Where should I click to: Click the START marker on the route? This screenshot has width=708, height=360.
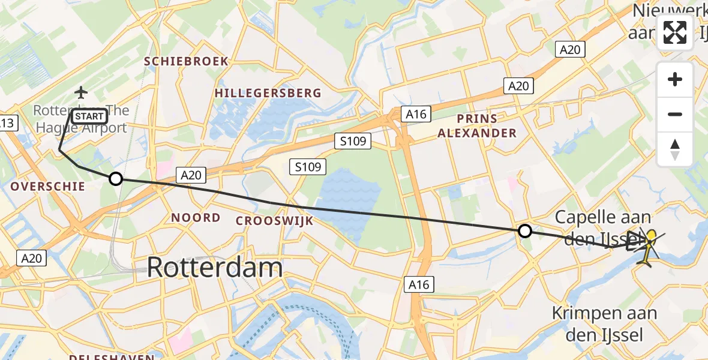[x=90, y=115]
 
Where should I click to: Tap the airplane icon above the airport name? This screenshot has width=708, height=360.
[x=80, y=93]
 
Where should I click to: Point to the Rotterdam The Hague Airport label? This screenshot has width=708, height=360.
[x=80, y=119]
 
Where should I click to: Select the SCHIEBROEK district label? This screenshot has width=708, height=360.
[x=186, y=61]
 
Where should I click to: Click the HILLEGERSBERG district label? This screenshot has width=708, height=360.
[x=268, y=93]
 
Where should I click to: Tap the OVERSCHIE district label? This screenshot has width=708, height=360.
[x=48, y=187]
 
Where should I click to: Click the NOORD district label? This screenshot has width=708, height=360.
[x=196, y=217]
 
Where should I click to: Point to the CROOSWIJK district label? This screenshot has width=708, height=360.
[x=274, y=221]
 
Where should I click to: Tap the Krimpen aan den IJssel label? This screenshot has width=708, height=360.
[x=604, y=323]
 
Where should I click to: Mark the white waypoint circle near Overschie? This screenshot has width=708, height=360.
[x=116, y=178]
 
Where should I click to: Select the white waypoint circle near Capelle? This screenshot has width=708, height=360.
[x=525, y=231]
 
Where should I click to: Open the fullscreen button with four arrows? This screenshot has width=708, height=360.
[x=675, y=33]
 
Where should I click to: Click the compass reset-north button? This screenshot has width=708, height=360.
[x=675, y=149]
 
